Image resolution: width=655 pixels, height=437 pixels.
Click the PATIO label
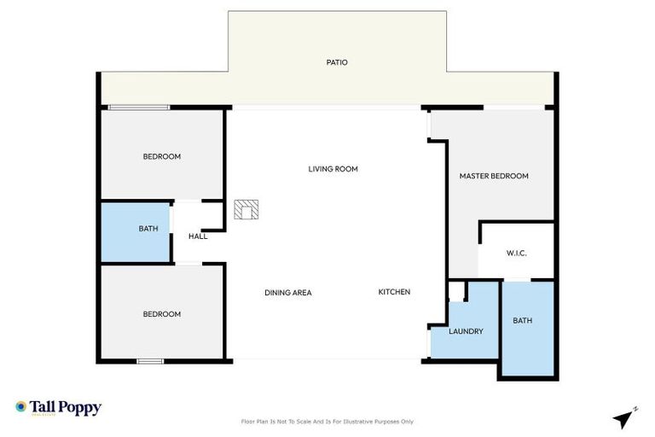tap(337, 62)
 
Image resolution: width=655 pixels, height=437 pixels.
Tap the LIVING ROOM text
tap(333, 169)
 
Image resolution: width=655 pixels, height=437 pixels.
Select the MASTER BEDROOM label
tap(494, 176)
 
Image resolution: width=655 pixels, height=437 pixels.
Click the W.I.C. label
tap(516, 253)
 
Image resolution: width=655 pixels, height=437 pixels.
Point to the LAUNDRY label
tap(466, 331)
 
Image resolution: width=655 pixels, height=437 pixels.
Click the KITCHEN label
tap(394, 292)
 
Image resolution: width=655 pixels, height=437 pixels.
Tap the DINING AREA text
tap(287, 293)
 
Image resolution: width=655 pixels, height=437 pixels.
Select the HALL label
tap(197, 236)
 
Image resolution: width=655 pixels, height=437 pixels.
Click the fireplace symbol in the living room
tap(247, 210)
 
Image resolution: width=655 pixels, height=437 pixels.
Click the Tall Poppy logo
tap(58, 408)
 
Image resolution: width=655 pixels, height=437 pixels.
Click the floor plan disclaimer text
tap(327, 422)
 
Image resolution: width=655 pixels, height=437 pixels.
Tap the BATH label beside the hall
tap(148, 229)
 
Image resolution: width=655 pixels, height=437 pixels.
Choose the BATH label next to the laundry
tap(522, 321)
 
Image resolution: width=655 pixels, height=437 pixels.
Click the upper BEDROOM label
tap(161, 156)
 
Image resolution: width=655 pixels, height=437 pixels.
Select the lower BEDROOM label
tap(161, 314)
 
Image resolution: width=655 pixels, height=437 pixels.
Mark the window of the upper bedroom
tap(138, 108)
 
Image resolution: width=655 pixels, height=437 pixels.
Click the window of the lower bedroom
tap(150, 361)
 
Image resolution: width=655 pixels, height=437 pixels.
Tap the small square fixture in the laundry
tap(456, 293)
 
